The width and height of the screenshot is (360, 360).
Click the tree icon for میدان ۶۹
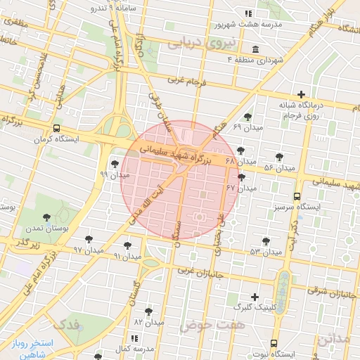point(247,117)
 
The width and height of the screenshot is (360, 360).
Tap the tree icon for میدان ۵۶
point(279,157)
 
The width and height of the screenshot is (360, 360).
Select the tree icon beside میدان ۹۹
point(115,164)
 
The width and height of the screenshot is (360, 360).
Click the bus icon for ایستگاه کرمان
point(56,128)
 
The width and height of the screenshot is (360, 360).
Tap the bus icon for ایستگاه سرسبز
point(297,197)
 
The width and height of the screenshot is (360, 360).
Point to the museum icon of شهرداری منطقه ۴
point(254,50)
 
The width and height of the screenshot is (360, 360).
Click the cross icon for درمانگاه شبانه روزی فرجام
point(302,94)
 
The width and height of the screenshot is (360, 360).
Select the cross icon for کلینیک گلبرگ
point(255,297)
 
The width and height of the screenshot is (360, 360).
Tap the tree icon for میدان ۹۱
point(127,245)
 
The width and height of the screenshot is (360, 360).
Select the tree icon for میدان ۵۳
point(266,241)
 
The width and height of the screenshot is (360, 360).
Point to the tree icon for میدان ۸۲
point(148,311)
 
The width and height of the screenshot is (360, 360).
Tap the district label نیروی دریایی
point(193,43)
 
